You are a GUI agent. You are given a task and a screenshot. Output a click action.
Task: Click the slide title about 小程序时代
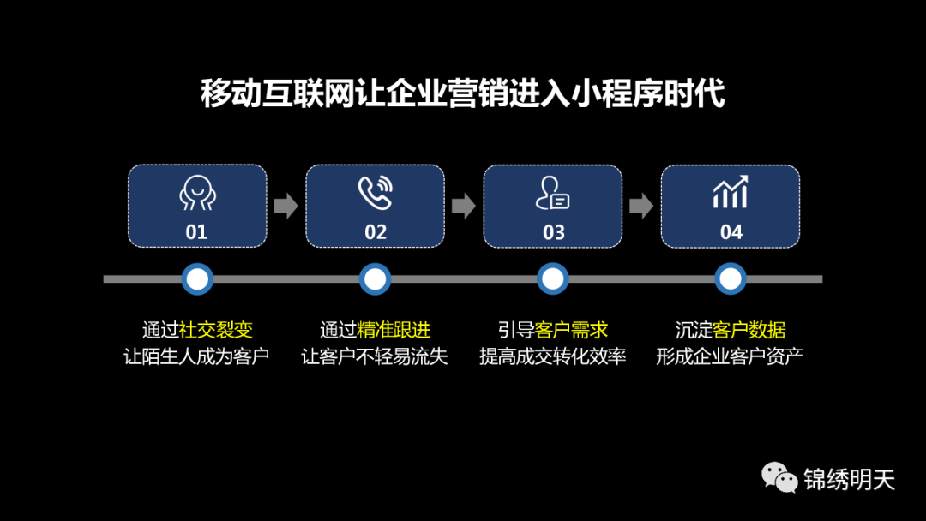(463, 93)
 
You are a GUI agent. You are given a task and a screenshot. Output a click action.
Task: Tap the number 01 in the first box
(196, 232)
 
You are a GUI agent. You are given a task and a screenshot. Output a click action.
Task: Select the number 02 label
(376, 232)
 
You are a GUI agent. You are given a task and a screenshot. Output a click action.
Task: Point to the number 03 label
(554, 232)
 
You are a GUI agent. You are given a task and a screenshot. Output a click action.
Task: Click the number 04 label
(731, 232)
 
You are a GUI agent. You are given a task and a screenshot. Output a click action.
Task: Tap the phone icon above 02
(375, 193)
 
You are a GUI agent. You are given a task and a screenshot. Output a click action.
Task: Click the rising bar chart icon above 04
(731, 192)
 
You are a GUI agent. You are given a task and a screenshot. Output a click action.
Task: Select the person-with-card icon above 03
(552, 194)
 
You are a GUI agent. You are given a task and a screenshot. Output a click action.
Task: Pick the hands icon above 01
(196, 193)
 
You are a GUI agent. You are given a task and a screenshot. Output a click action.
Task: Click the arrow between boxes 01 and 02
(286, 206)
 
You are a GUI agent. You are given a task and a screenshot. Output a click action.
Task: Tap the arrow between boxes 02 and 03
(463, 206)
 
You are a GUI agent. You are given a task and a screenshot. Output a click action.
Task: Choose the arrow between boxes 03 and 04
(640, 206)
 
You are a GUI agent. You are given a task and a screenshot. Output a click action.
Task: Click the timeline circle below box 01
(198, 278)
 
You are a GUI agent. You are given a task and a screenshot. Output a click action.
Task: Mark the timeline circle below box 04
(731, 278)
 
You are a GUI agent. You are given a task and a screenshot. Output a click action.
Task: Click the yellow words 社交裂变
(215, 331)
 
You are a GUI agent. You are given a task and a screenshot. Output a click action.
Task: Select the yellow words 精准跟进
(394, 331)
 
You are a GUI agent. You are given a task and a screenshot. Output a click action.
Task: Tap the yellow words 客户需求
(571, 331)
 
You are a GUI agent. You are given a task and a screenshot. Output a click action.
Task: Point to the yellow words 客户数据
(749, 331)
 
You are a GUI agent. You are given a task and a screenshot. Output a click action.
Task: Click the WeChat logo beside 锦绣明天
(779, 477)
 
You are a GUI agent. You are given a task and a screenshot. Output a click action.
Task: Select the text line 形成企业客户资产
(730, 356)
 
